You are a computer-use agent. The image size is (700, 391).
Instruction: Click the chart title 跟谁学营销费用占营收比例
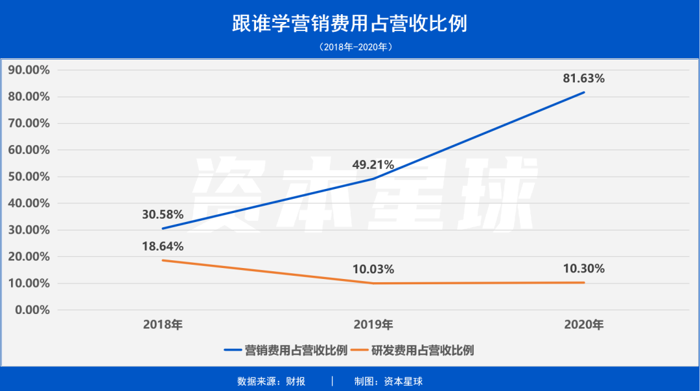click(x=349, y=24)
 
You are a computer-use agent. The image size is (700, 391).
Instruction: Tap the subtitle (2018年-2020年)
click(x=349, y=47)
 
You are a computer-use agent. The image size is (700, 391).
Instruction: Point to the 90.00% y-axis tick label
click(x=29, y=70)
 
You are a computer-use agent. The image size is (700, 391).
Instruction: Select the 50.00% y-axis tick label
click(x=29, y=177)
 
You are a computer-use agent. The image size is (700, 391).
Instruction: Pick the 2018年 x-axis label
click(x=163, y=325)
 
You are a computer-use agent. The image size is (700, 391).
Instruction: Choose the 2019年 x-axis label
click(x=373, y=325)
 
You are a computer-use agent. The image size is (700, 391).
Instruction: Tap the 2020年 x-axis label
click(x=583, y=325)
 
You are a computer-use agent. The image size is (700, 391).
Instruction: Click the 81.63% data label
click(x=583, y=78)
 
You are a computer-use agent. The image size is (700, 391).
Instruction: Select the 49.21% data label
click(x=373, y=165)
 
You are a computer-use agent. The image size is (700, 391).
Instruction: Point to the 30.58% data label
click(x=163, y=214)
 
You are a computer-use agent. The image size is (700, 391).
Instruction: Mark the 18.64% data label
click(x=163, y=247)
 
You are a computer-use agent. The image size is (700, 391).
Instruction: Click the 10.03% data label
click(x=373, y=269)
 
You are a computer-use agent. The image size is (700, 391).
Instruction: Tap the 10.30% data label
click(x=583, y=269)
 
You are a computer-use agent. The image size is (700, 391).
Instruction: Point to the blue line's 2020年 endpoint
click(x=584, y=92)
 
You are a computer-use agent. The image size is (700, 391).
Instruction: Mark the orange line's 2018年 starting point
click(x=163, y=260)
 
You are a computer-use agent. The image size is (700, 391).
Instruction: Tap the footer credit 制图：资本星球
click(x=388, y=381)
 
